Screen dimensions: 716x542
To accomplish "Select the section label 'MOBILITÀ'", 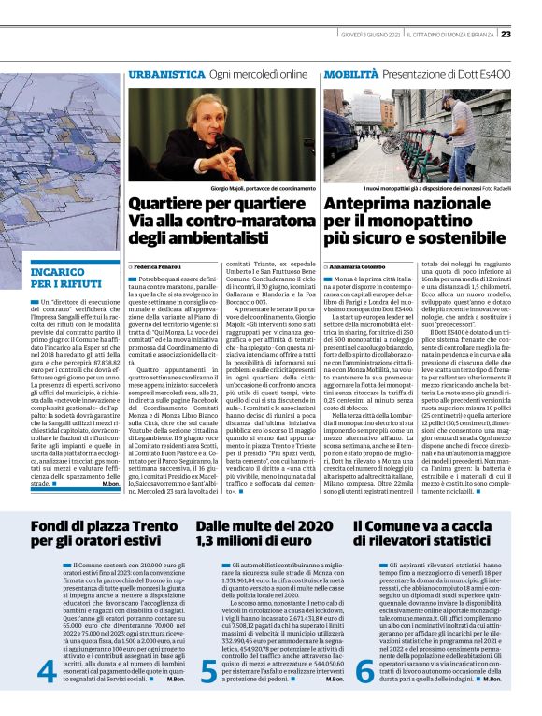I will [x=351, y=72].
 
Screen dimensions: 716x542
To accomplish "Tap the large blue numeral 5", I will [x=209, y=671].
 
